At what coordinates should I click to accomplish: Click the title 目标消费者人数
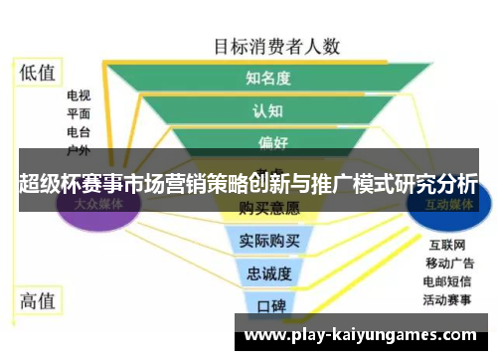coord(277,45)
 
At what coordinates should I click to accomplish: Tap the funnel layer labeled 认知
coord(268,111)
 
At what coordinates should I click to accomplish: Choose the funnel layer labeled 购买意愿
coord(269,208)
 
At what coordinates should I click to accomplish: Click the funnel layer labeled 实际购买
coord(269,240)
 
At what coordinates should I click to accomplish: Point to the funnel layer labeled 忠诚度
coord(269,272)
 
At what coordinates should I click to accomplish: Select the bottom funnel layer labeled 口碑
coord(269,303)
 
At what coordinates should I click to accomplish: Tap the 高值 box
coord(39,299)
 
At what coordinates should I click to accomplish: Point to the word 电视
coord(79,96)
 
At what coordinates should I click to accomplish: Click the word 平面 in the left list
coord(79,114)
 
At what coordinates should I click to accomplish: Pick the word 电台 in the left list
coord(79,132)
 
